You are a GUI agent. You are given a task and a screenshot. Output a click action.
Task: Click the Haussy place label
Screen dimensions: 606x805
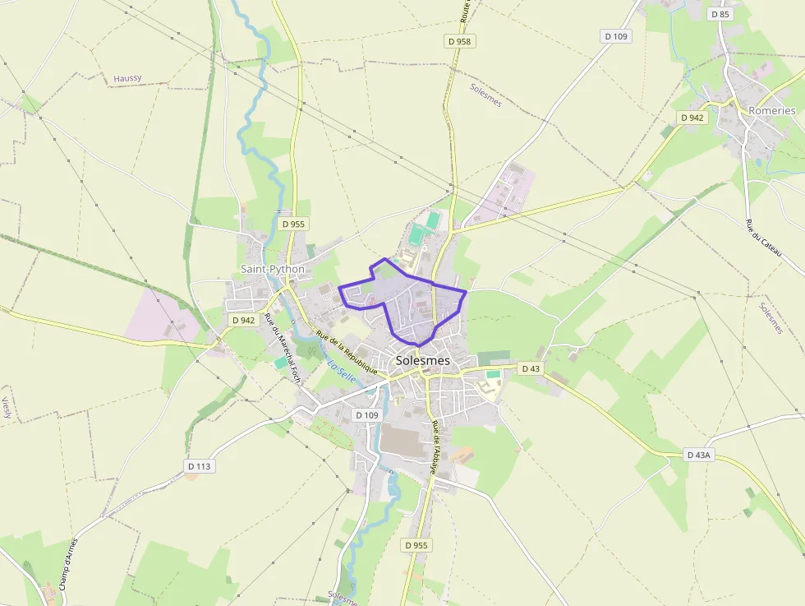(127, 78)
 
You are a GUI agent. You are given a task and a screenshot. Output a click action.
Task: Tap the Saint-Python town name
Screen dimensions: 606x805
(273, 269)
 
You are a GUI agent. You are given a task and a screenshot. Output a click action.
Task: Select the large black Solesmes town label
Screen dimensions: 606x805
(423, 360)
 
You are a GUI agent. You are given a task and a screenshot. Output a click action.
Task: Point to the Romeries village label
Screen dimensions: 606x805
(771, 110)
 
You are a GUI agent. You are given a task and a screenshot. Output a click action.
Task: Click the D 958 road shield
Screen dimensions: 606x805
(462, 40)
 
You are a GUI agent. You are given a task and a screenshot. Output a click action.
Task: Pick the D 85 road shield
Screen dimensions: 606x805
(720, 14)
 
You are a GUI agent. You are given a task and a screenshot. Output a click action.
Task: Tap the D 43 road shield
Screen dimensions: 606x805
(531, 368)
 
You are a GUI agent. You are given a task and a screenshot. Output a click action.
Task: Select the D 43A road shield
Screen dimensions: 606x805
(698, 454)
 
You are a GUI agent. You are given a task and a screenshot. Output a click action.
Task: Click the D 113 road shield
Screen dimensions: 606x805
(200, 466)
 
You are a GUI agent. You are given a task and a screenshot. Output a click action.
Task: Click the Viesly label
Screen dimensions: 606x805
(6, 408)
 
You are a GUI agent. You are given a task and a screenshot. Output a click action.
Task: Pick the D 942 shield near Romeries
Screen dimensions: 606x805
(692, 118)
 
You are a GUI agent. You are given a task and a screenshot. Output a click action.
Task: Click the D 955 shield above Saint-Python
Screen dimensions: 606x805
(293, 224)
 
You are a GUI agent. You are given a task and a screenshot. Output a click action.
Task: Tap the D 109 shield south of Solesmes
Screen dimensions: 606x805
(366, 415)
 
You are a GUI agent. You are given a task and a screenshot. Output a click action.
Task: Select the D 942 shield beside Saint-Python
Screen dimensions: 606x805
(244, 320)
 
